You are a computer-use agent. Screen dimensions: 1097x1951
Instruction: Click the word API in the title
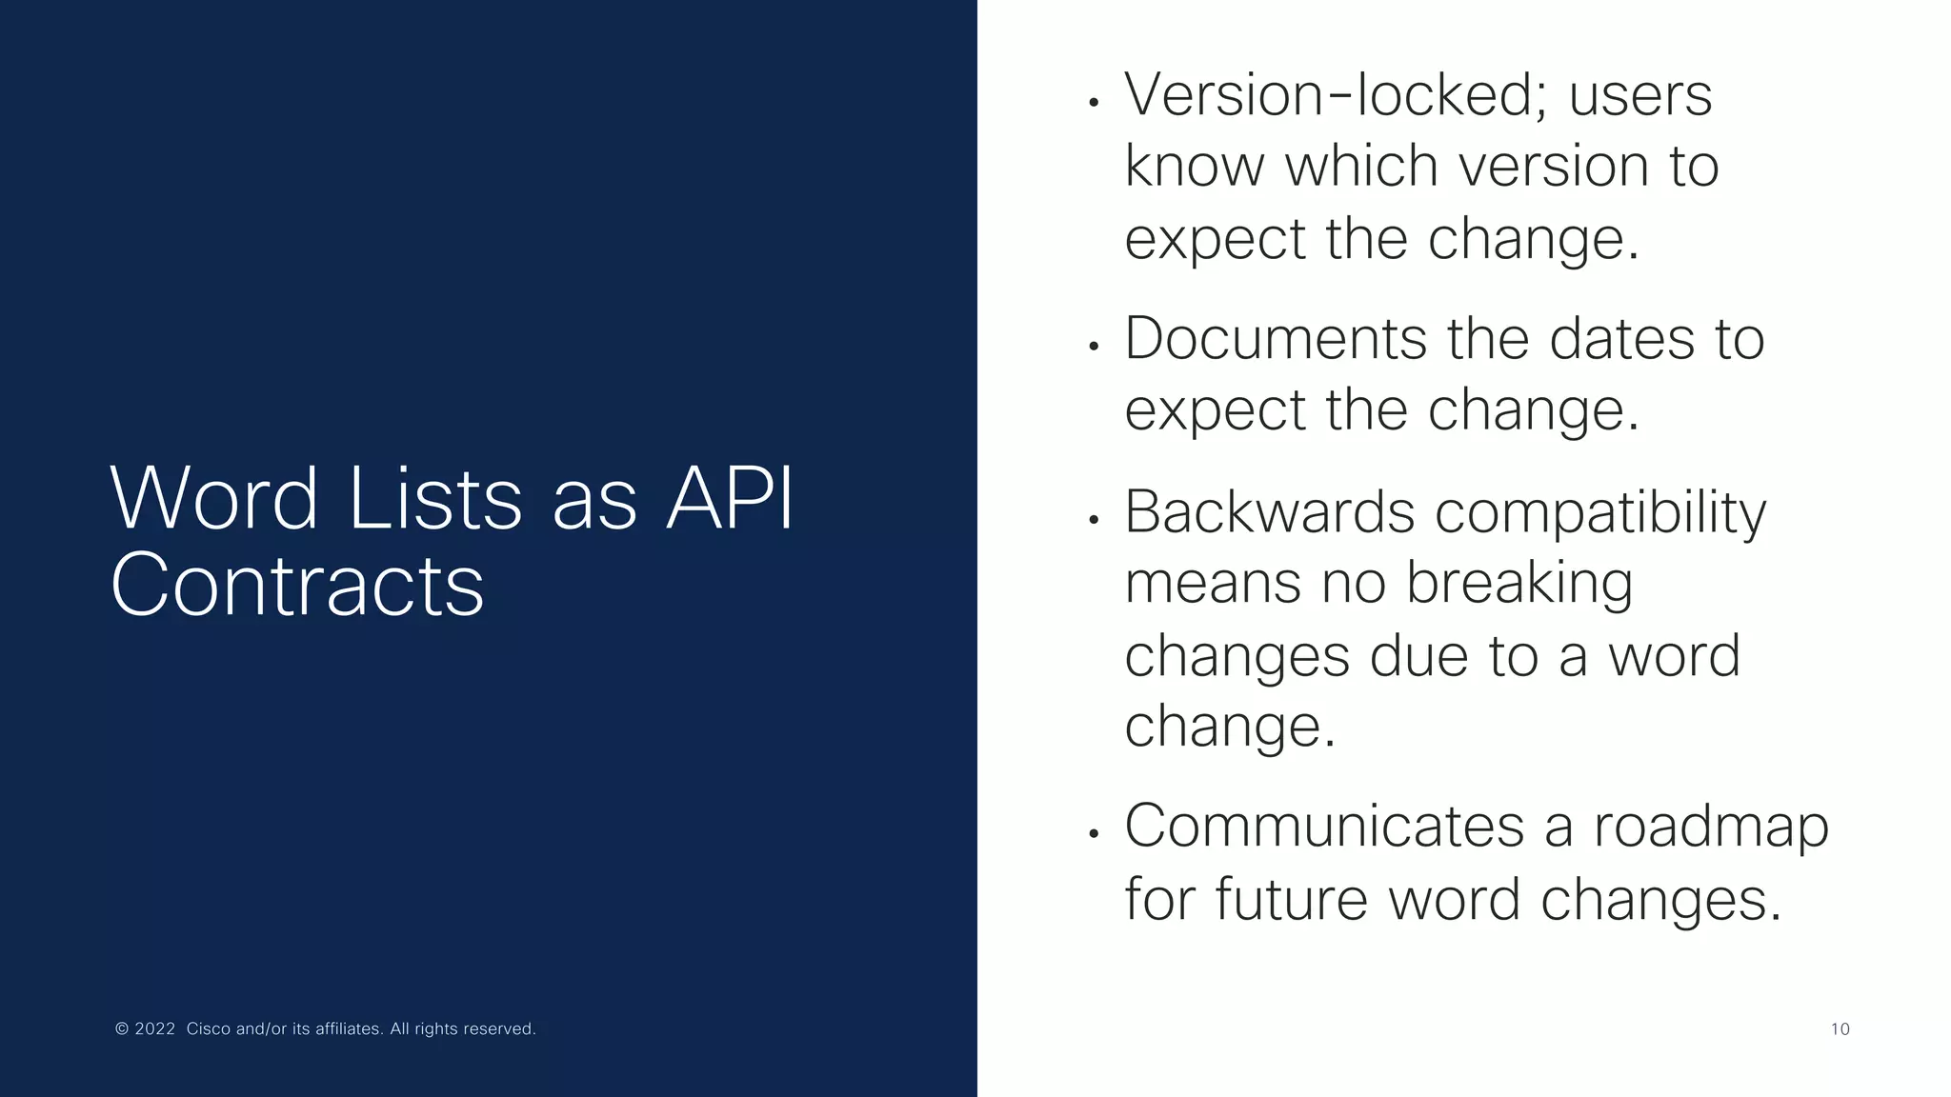pos(730,499)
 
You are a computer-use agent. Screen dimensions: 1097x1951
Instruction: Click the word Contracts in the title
pos(297,585)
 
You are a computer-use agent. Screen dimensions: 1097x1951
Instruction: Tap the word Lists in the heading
pos(435,499)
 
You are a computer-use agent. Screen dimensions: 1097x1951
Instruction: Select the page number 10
pos(1840,1029)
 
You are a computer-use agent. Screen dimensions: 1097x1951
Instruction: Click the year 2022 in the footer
pos(154,1029)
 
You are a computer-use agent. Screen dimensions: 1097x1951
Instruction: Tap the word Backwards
pos(1269,512)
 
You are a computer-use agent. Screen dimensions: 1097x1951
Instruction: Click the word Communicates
pos(1324,826)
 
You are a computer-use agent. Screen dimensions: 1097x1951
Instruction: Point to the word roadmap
pos(1711,828)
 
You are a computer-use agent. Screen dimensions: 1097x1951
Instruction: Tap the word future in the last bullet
pos(1291,899)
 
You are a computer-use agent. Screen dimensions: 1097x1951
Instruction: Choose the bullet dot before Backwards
pos(1095,520)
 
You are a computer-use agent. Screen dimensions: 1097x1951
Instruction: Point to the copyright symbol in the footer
pos(122,1029)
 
